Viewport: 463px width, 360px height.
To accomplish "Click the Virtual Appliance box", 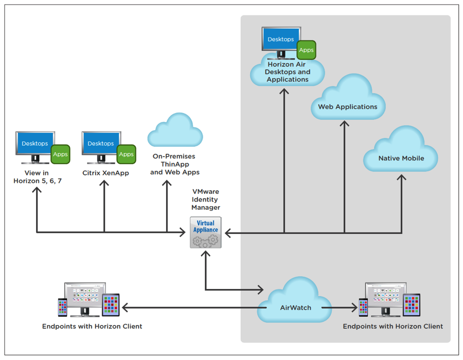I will [x=206, y=232].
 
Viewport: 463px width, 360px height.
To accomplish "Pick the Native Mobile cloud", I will [x=401, y=152].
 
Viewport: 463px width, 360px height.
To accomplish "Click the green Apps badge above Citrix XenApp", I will [x=126, y=154].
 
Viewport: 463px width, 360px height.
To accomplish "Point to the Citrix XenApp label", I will [x=105, y=173].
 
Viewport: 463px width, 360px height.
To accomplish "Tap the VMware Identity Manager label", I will [x=206, y=200].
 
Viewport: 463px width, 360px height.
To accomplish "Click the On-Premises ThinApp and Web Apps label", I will [x=174, y=164].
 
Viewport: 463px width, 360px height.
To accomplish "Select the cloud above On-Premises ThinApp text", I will [x=175, y=132].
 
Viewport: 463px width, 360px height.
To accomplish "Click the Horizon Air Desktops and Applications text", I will [x=288, y=72].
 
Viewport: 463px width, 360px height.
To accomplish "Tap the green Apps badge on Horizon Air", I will [x=307, y=50].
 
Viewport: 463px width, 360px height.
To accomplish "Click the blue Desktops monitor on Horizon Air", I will [x=281, y=40].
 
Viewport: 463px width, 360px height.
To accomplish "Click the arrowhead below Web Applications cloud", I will [x=344, y=124].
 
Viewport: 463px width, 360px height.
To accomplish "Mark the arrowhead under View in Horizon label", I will [x=37, y=190].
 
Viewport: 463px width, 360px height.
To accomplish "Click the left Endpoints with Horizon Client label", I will [x=92, y=326].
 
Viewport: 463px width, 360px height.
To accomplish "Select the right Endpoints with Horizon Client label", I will [x=393, y=326].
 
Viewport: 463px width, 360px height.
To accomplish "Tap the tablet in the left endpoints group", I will [x=111, y=305].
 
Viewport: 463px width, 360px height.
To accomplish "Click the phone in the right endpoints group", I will [x=363, y=308].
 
